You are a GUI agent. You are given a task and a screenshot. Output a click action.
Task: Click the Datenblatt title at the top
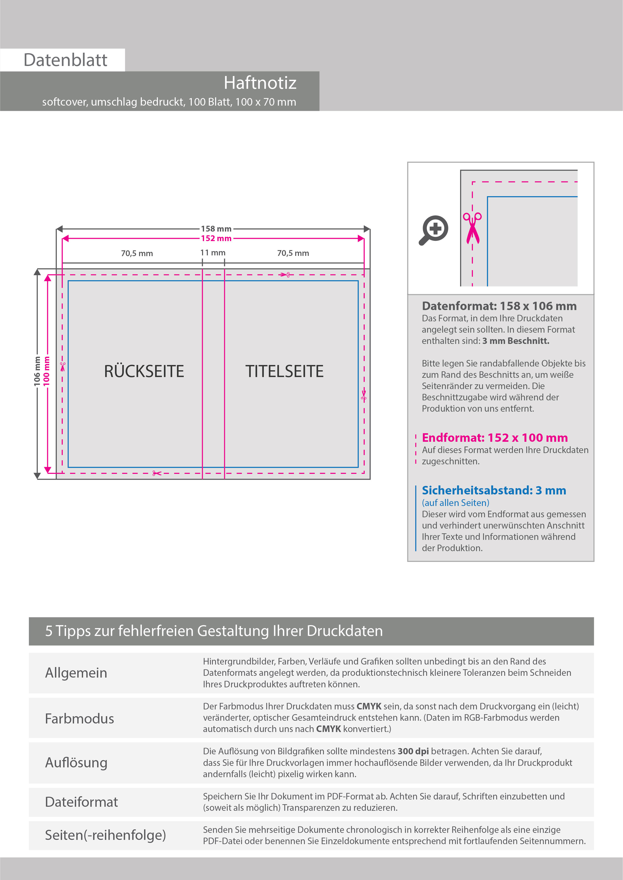pos(65,60)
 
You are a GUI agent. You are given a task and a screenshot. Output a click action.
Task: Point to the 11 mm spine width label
pos(213,253)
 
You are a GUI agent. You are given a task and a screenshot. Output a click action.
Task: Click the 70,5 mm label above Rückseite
pos(137,253)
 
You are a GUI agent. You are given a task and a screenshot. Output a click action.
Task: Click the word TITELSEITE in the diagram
pos(284,372)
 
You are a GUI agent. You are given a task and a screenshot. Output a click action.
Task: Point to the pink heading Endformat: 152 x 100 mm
pos(494,438)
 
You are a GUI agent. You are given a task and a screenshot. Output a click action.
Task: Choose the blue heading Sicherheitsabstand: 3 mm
pos(494,490)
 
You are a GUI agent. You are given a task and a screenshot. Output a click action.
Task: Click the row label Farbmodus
pos(79,719)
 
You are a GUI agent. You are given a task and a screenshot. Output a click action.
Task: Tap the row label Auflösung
pos(76,763)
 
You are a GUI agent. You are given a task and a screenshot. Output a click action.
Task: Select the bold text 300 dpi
pos(413,751)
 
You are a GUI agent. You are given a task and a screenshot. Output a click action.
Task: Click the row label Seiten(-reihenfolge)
pos(105,835)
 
